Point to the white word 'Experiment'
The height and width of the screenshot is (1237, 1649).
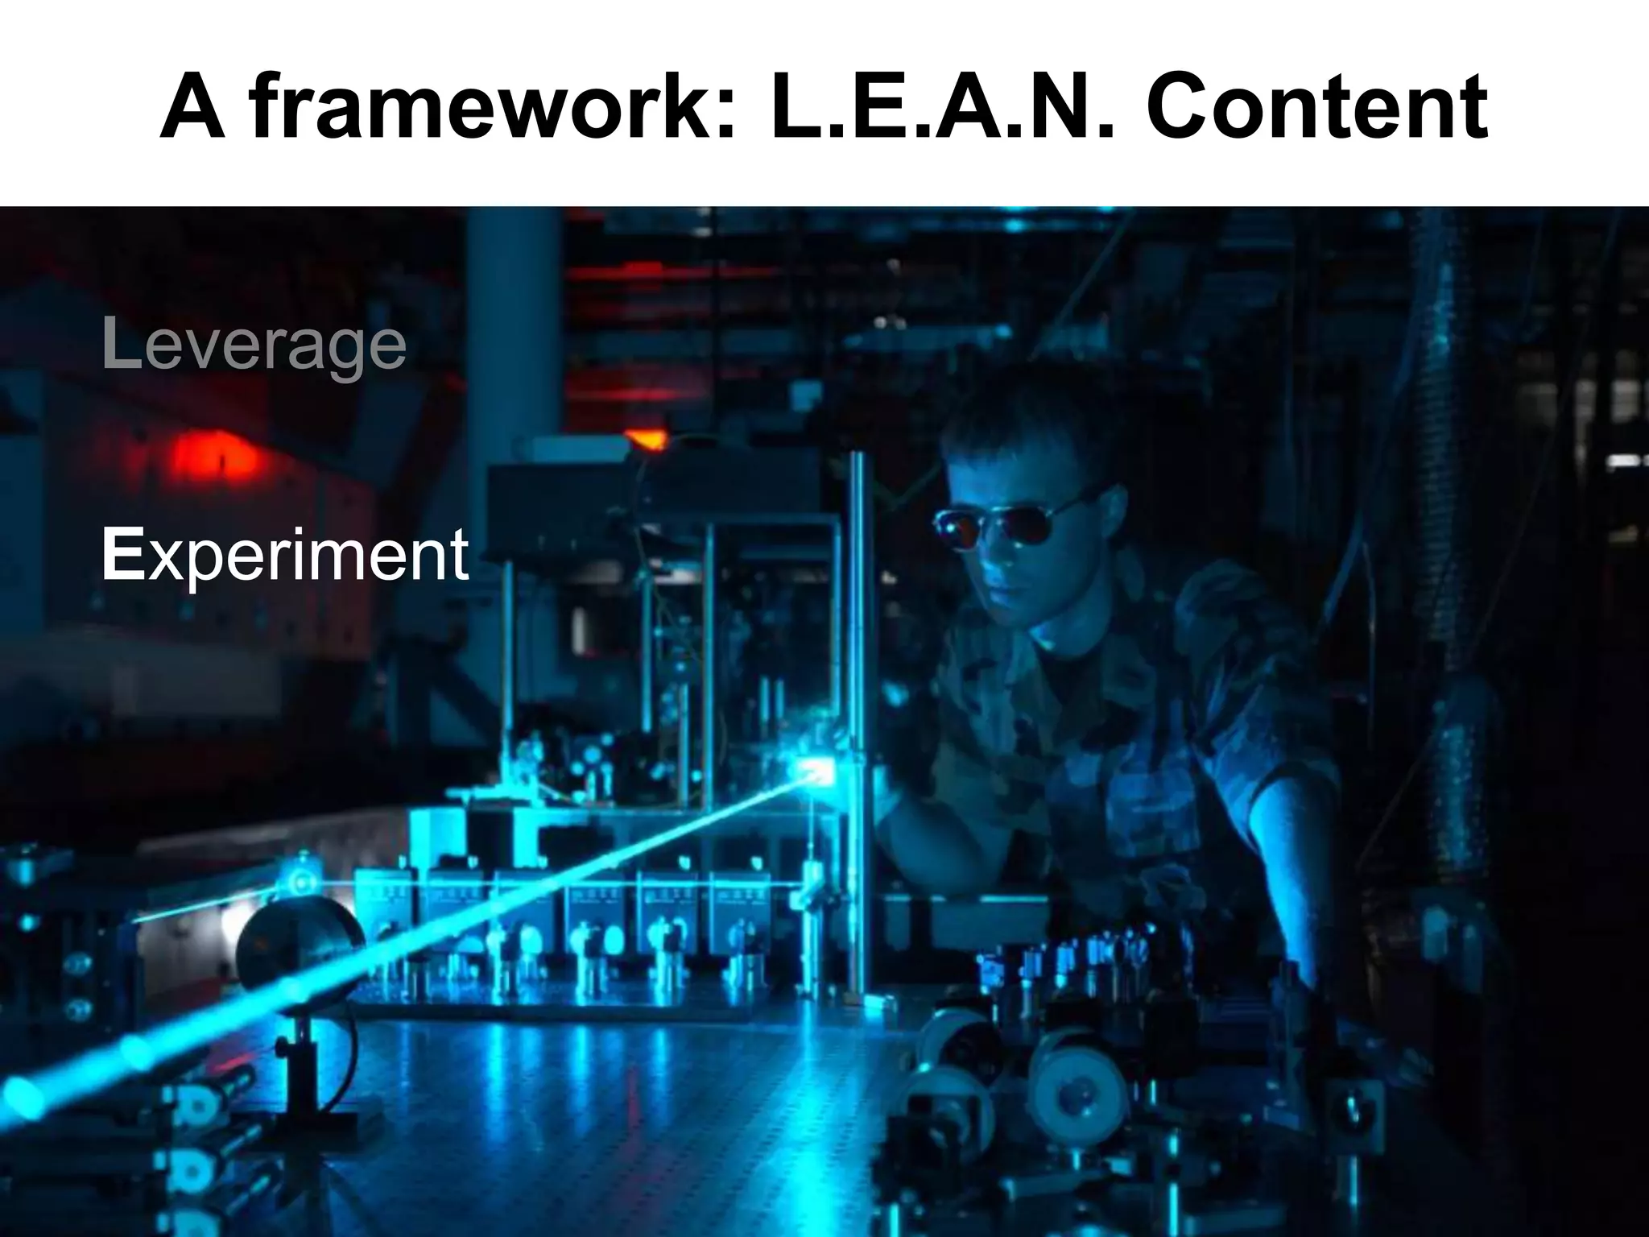tap(285, 556)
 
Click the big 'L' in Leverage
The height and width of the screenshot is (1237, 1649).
tap(121, 345)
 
